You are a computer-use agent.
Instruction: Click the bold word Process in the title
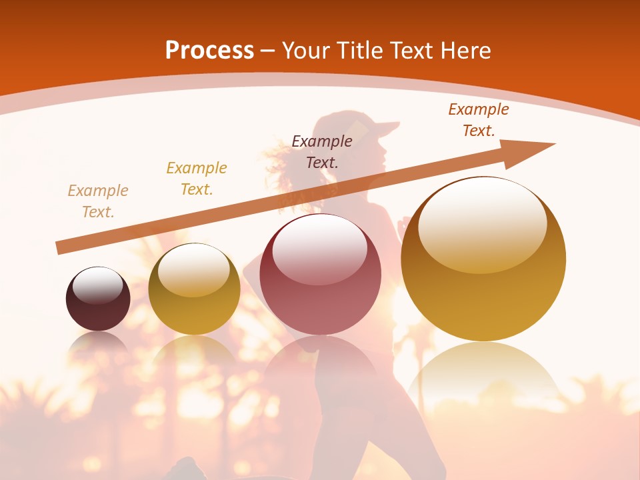209,51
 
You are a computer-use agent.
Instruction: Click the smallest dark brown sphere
98,299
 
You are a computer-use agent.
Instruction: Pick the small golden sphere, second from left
194,289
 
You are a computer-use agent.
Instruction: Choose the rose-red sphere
321,275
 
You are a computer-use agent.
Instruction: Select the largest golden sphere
483,259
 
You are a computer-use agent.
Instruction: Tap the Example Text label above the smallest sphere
98,201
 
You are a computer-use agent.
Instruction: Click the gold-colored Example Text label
197,179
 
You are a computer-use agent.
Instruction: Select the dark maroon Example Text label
322,151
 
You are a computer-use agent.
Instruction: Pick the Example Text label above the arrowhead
479,120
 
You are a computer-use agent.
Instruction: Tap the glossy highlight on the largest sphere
482,225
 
